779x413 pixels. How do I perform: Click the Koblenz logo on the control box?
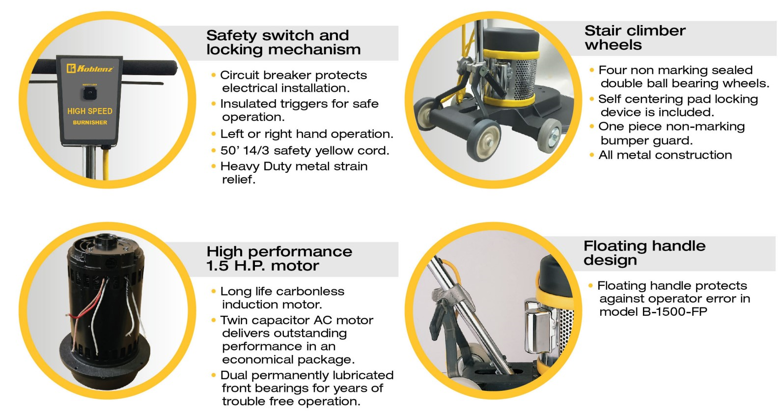pos(90,68)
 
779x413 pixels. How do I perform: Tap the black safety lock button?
pos(90,93)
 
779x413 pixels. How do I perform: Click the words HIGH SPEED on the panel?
pos(90,111)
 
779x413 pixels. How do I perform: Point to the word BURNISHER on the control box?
pos(90,122)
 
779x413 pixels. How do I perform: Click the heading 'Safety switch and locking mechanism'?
pos(283,42)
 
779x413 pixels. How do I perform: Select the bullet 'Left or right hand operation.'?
pos(306,134)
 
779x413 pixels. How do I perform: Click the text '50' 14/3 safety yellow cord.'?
pos(305,151)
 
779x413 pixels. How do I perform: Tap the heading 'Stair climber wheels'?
pos(635,37)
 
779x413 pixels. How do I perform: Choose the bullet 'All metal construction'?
pos(665,155)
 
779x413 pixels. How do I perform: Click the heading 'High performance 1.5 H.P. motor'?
pos(279,259)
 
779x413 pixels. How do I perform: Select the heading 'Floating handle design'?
pos(644,253)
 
